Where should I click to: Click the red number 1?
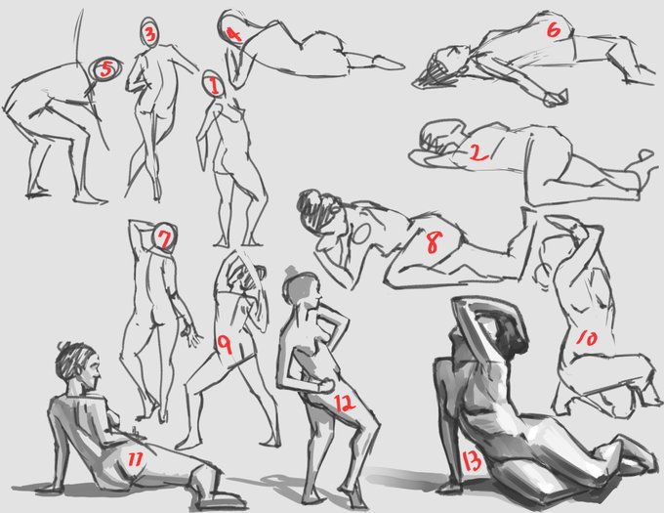coord(214,86)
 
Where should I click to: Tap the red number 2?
coord(478,152)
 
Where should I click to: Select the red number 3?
coord(150,34)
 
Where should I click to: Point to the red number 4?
coord(233,34)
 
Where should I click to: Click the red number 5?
coord(105,68)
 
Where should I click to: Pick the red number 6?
coord(554,30)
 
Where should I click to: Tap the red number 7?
coord(164,238)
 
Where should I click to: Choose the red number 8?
coord(435,242)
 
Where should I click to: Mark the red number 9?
coord(225,344)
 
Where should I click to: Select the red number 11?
coord(135,459)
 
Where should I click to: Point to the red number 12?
coord(345,403)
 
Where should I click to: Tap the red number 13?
coord(471,461)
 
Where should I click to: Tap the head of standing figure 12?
coord(302,286)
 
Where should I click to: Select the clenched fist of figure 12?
coord(325,386)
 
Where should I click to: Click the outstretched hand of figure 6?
coord(556,99)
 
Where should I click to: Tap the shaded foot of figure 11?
coord(222,500)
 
